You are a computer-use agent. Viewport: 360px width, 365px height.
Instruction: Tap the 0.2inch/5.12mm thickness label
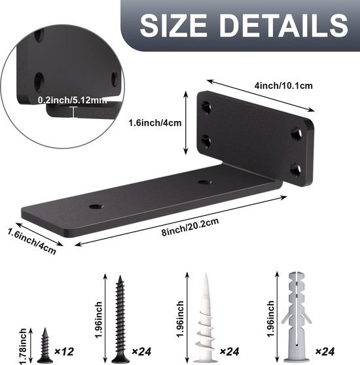(72, 100)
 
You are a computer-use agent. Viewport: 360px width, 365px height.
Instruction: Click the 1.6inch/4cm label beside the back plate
(154, 122)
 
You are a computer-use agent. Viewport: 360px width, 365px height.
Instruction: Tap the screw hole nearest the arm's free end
(96, 206)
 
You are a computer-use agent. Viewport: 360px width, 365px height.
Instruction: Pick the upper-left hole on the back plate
(207, 107)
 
